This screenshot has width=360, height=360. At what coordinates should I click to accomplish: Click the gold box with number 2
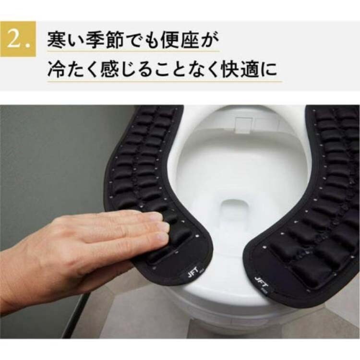click(18, 39)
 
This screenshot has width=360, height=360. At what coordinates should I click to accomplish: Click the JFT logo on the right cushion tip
click(262, 282)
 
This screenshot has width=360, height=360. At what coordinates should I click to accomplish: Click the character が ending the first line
click(209, 40)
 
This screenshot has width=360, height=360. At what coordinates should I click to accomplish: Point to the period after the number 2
click(28, 46)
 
